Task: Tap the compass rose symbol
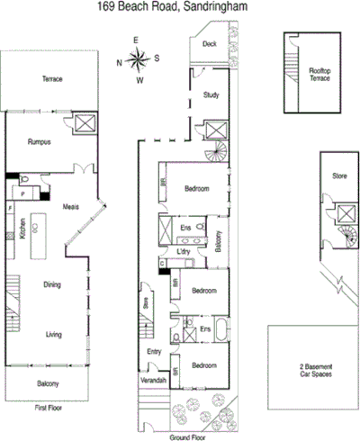(138, 61)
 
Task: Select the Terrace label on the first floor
(52, 79)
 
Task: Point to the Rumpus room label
(38, 141)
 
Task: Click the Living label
(52, 335)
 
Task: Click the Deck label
(209, 43)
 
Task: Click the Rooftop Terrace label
(319, 74)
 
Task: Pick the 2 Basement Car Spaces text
(315, 372)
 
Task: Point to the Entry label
(153, 352)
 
